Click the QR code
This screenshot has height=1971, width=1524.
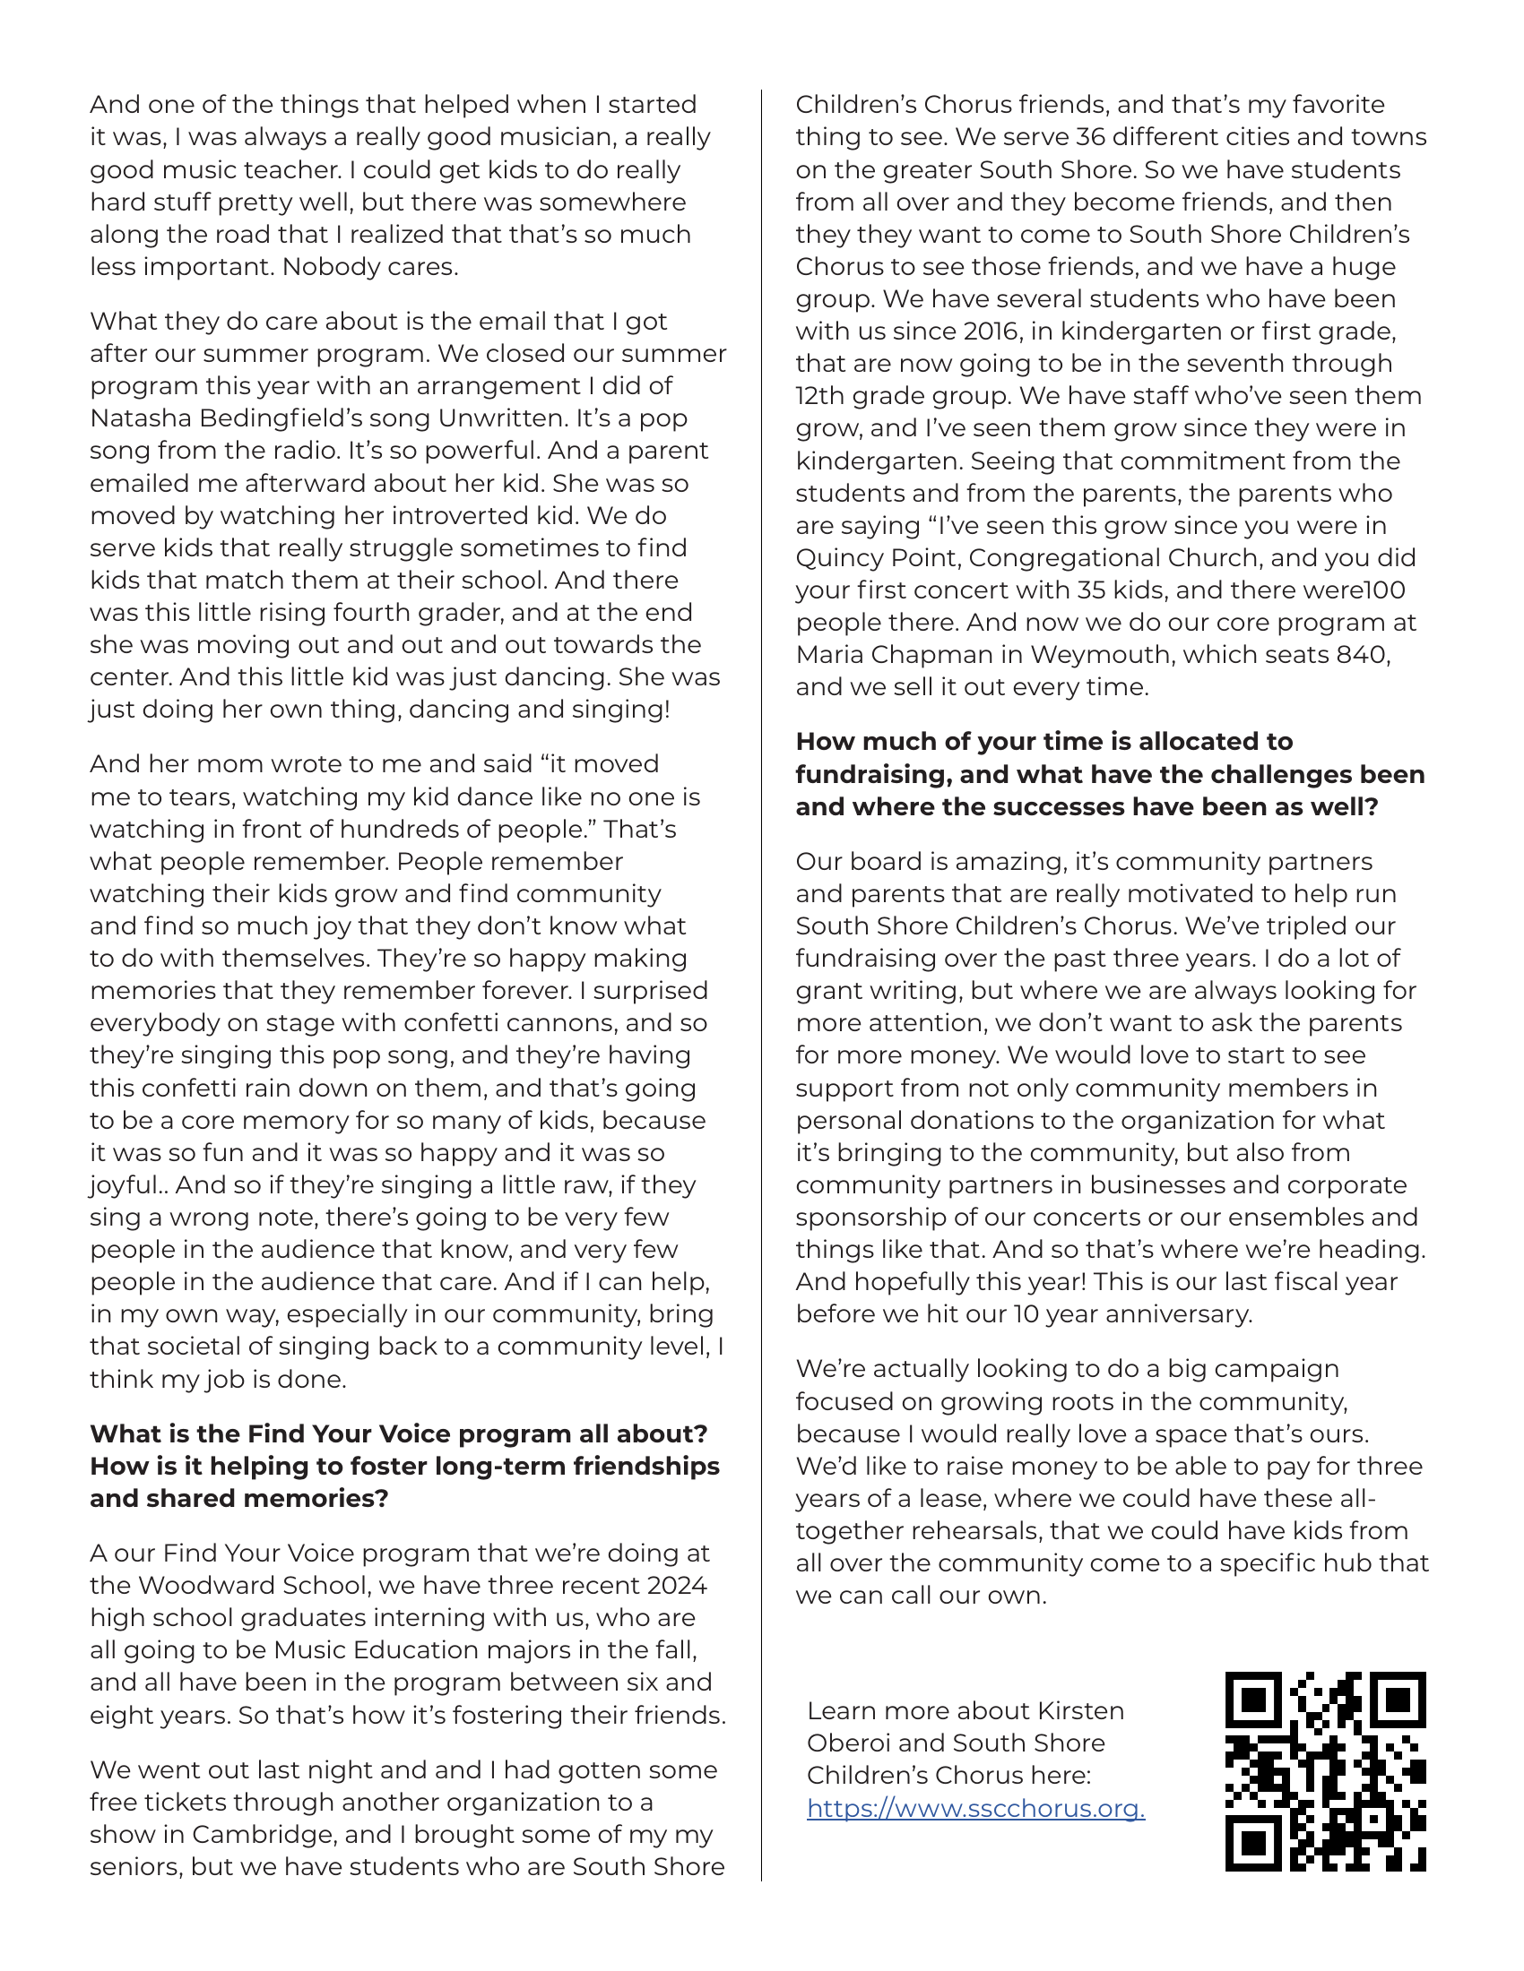(x=1324, y=1771)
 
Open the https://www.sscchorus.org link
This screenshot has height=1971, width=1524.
(x=975, y=1809)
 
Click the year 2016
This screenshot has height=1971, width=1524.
(x=978, y=331)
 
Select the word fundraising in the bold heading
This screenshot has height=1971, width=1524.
(x=874, y=774)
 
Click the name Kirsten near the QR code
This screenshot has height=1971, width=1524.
(x=1081, y=1711)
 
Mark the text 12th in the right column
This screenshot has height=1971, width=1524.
(x=818, y=396)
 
